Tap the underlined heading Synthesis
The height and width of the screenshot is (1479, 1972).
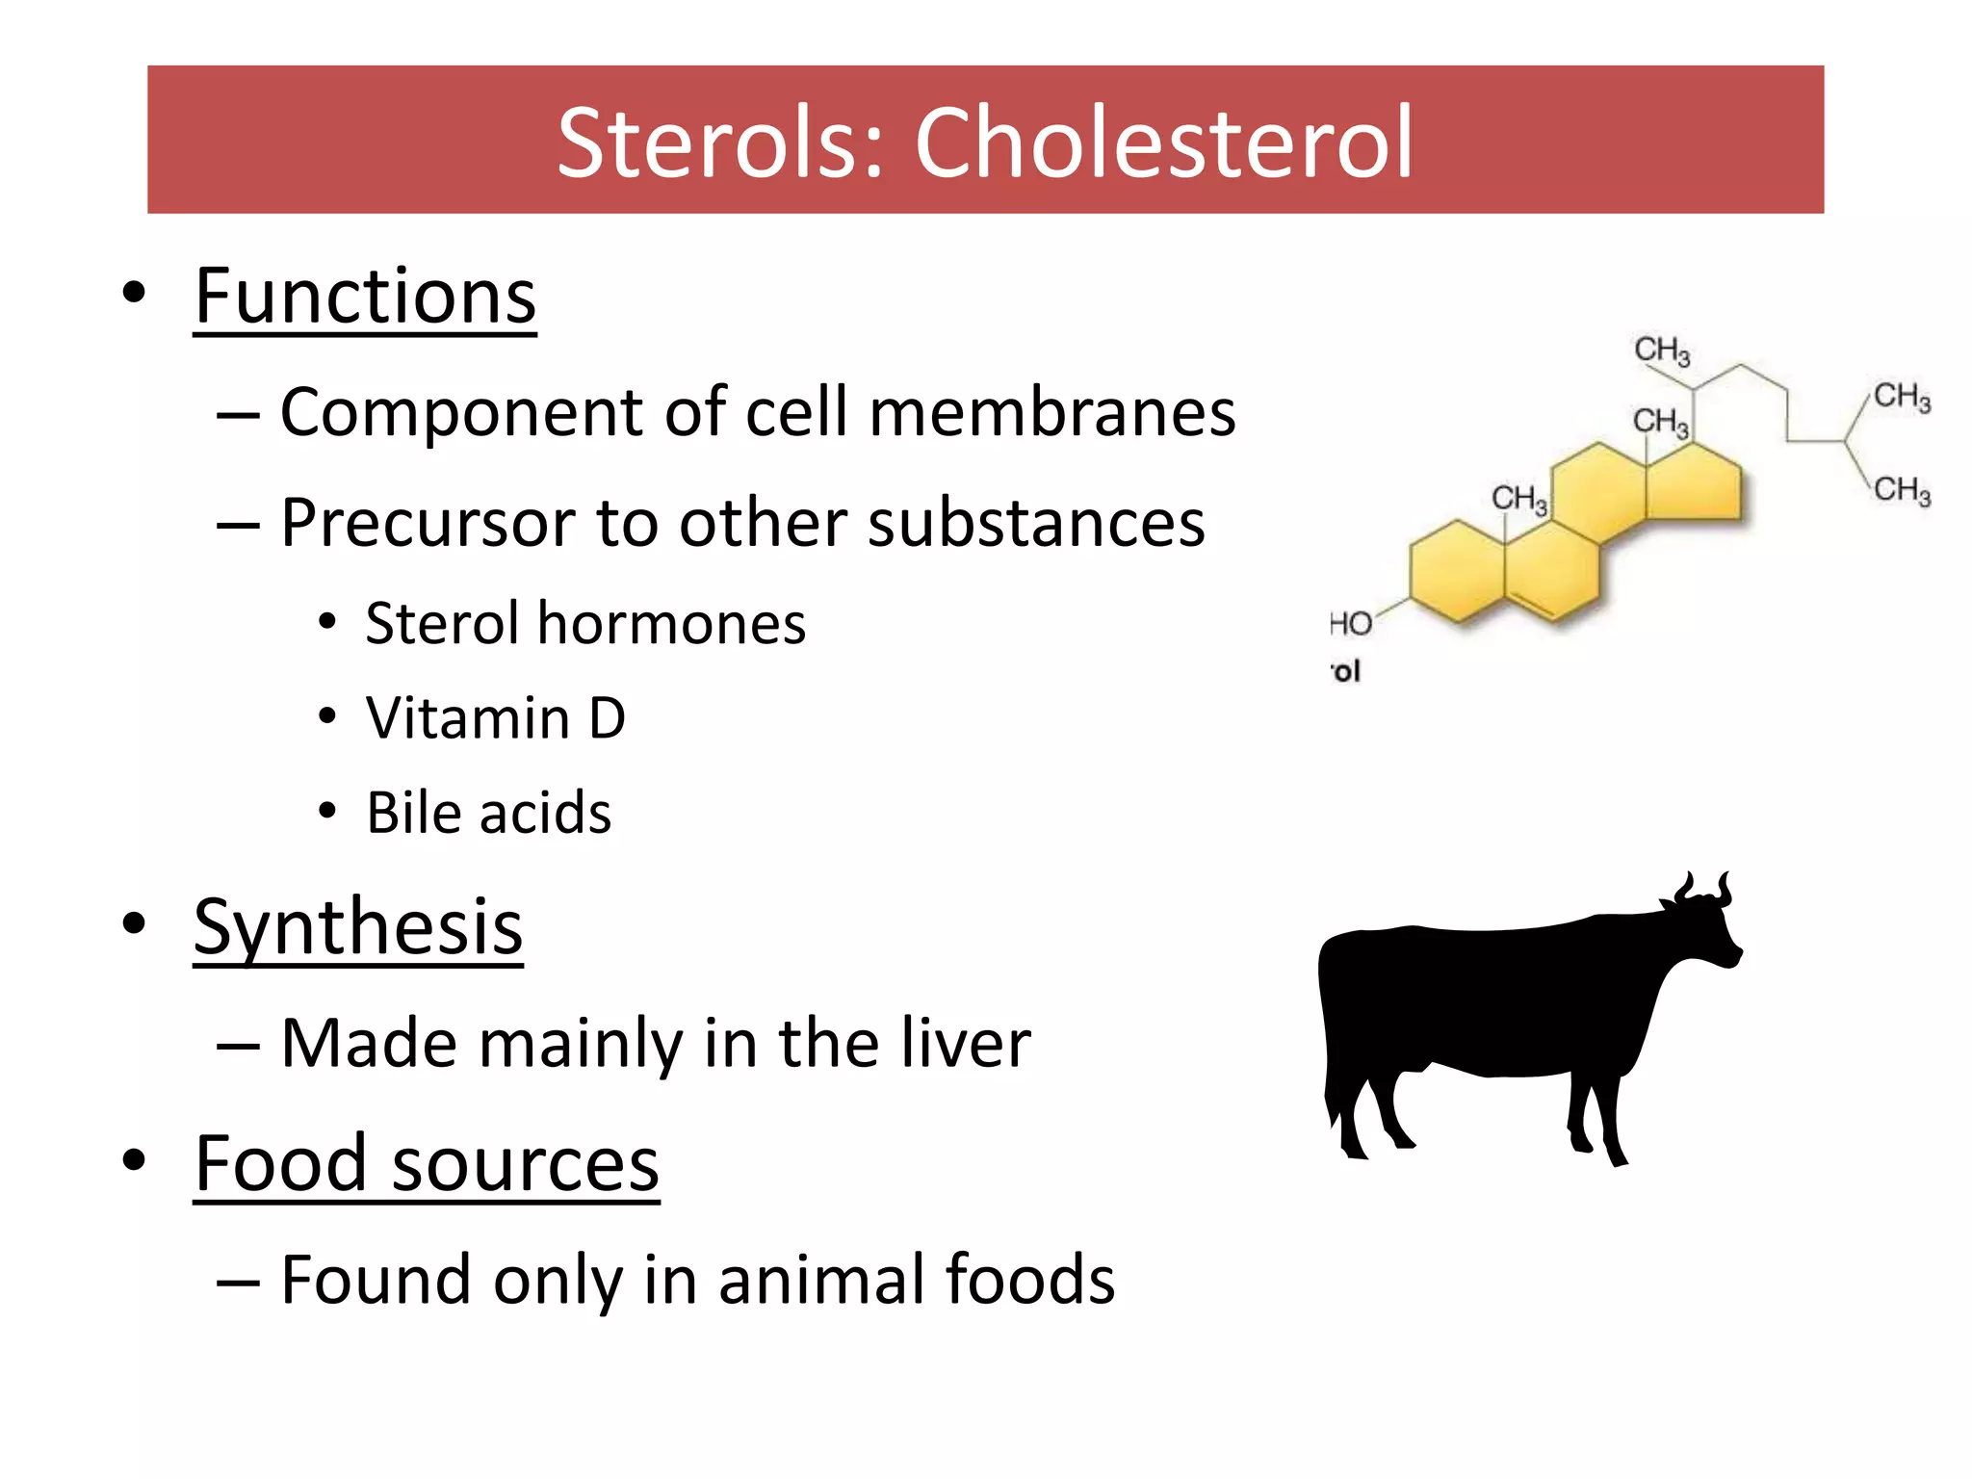(358, 926)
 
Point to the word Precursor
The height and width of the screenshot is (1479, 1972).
(428, 523)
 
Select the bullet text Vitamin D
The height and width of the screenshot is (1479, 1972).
(496, 718)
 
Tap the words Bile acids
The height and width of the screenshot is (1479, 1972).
(489, 813)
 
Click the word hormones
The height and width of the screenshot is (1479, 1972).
(671, 623)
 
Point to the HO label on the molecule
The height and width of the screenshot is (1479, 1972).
(1351, 624)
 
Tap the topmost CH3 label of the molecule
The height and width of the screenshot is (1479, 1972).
(1662, 350)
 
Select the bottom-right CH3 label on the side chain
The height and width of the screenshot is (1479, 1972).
(1902, 490)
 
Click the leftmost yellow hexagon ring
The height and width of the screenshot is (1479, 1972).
(1457, 573)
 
